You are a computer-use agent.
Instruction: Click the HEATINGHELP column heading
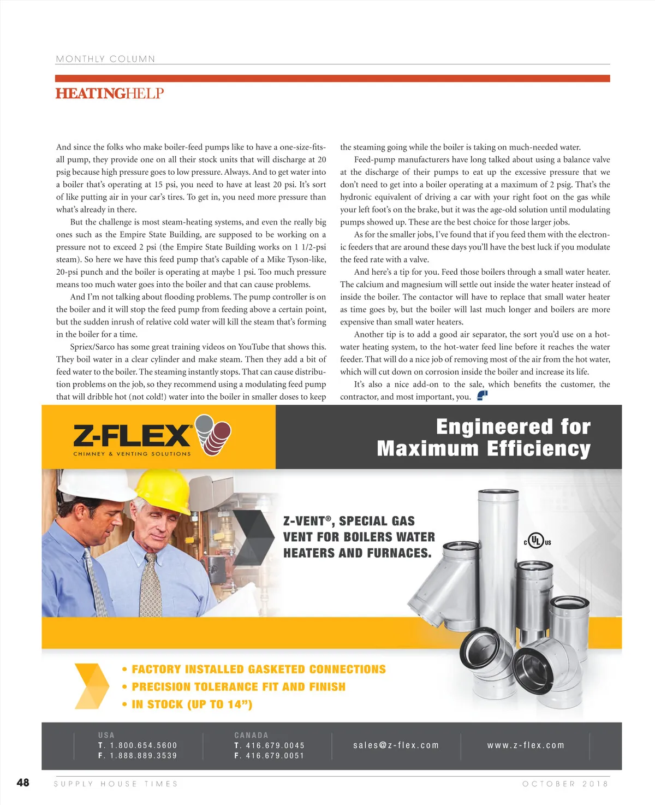coord(110,93)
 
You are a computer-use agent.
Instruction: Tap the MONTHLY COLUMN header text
coord(105,59)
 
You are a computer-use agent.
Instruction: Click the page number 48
coord(23,783)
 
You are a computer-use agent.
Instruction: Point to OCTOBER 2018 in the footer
coord(565,784)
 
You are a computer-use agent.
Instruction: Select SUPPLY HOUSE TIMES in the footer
coord(116,784)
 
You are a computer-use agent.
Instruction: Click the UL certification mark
coord(537,542)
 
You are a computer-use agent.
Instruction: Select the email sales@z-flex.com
coord(396,745)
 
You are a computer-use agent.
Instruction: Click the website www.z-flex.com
coord(526,745)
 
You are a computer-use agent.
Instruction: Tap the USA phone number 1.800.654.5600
coord(144,745)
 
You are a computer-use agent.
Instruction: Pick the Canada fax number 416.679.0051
coord(275,756)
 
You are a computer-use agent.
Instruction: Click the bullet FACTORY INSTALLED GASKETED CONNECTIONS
coord(258,670)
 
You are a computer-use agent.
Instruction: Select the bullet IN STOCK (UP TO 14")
coord(192,705)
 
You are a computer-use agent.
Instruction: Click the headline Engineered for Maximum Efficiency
coord(484,437)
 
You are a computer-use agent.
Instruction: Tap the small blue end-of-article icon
coord(482,395)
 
